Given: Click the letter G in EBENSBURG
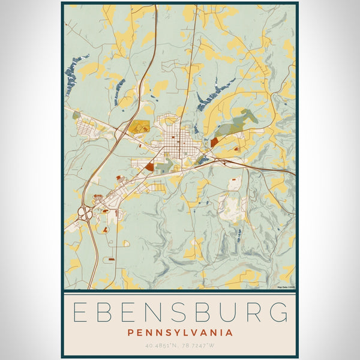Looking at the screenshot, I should [278, 313].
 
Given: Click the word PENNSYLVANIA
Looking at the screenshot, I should [180, 332].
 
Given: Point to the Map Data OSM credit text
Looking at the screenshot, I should [286, 287].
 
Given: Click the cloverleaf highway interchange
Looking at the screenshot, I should [84, 212].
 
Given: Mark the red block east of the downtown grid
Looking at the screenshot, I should [214, 142].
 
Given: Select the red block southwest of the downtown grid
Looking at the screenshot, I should [149, 167].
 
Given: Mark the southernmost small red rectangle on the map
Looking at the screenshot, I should [112, 258].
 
